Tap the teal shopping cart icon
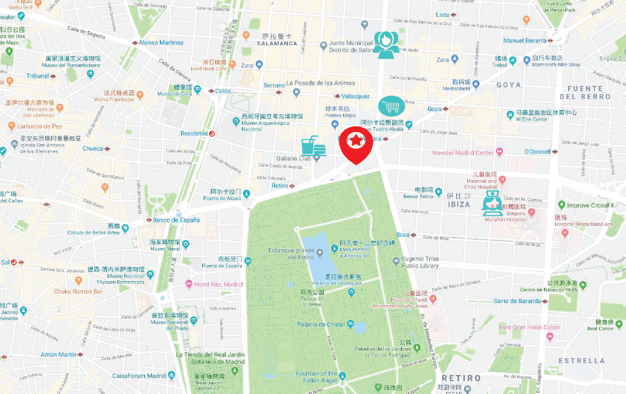pyautogui.click(x=390, y=107)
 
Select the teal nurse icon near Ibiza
pyautogui.click(x=493, y=198)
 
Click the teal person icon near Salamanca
pyautogui.click(x=385, y=44)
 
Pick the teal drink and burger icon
pyautogui.click(x=313, y=147)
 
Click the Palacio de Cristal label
pyautogui.click(x=321, y=325)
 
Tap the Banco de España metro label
pyautogui.click(x=176, y=220)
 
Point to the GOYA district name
pyautogui.click(x=508, y=85)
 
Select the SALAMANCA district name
pyautogui.click(x=277, y=43)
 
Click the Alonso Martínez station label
pyautogui.click(x=161, y=42)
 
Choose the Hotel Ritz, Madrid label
pyautogui.click(x=219, y=285)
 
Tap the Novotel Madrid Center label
pyautogui.click(x=463, y=153)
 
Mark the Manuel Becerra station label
pyautogui.click(x=524, y=40)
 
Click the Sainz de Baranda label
pyautogui.click(x=517, y=302)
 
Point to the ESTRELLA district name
pyautogui.click(x=581, y=360)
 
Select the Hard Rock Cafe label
pyautogui.click(x=209, y=69)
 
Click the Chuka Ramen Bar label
pyautogui.click(x=79, y=291)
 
